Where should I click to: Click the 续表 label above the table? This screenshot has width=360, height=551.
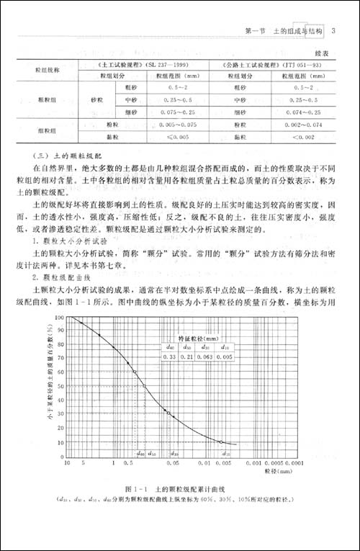[320, 53]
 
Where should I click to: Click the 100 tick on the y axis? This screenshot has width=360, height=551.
[60, 316]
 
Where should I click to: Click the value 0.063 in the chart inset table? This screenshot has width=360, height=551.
[207, 356]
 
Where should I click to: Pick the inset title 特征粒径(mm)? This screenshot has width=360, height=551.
[198, 336]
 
